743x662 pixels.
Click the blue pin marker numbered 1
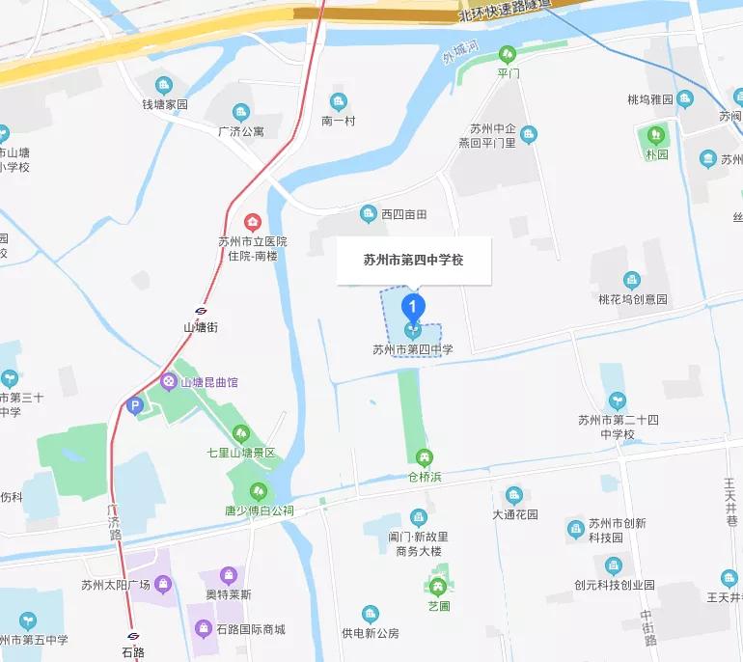pyautogui.click(x=413, y=307)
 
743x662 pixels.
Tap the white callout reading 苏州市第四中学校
pyautogui.click(x=414, y=260)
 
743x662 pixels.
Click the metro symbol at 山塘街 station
pyautogui.click(x=201, y=311)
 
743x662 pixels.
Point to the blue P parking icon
pyautogui.click(x=135, y=406)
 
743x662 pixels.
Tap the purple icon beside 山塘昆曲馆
pyautogui.click(x=170, y=382)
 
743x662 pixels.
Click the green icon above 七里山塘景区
pyautogui.click(x=241, y=433)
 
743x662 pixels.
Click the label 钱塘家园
pyautogui.click(x=164, y=104)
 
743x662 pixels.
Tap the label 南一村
pyautogui.click(x=339, y=121)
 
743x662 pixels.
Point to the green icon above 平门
pyautogui.click(x=508, y=54)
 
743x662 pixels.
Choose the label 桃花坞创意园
pyautogui.click(x=633, y=299)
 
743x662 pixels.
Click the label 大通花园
pyautogui.click(x=514, y=514)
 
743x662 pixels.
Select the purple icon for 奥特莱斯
pyautogui.click(x=229, y=575)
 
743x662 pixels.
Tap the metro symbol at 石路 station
pyautogui.click(x=133, y=636)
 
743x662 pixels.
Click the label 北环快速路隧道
pyautogui.click(x=506, y=10)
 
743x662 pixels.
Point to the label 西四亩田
pyautogui.click(x=403, y=213)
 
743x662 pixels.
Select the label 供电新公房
pyautogui.click(x=371, y=633)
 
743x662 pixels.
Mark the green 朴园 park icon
pyautogui.click(x=657, y=134)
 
